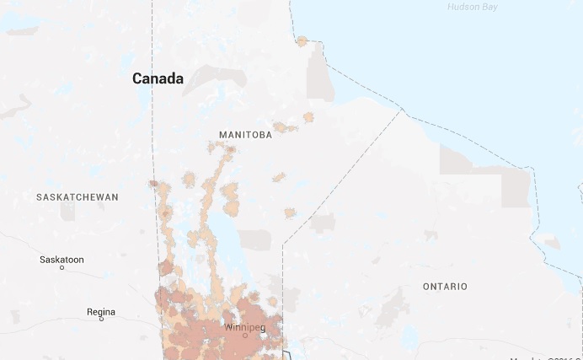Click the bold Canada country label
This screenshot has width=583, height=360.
[158, 78]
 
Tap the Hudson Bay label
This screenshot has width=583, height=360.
[473, 7]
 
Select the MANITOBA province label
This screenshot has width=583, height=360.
[245, 135]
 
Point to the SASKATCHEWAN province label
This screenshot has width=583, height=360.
[78, 196]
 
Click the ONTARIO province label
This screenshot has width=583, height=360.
[445, 287]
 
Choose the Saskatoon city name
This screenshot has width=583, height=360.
[62, 260]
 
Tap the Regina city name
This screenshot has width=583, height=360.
[100, 312]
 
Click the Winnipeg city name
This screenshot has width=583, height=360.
[244, 326]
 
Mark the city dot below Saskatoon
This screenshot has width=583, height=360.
[62, 268]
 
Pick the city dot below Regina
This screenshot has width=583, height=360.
[102, 320]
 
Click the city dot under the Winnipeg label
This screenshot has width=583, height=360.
[245, 335]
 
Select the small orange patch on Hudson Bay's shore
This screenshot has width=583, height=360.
[302, 40]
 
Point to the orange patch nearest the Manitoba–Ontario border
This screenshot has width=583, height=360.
[290, 212]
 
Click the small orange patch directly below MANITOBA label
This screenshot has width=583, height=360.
[279, 177]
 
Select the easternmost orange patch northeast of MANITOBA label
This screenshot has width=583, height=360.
[308, 117]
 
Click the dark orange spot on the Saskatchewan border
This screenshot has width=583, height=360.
[153, 183]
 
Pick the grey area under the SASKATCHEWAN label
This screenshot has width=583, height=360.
[67, 211]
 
